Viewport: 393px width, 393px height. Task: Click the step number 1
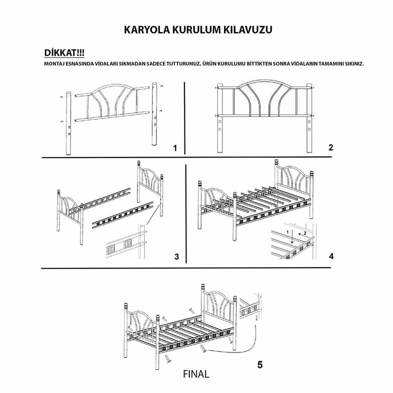click(x=174, y=148)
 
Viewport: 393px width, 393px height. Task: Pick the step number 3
click(x=176, y=257)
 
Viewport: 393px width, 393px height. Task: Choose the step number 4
click(x=331, y=256)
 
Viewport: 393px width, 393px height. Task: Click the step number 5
click(x=259, y=364)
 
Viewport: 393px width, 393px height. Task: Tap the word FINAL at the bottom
click(x=196, y=374)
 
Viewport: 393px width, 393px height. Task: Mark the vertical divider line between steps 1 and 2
click(x=185, y=118)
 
